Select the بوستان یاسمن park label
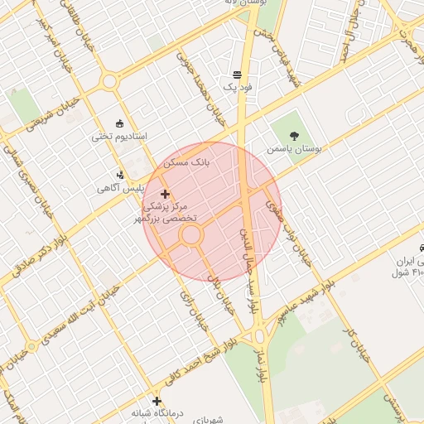[x=292, y=150]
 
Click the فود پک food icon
[x=238, y=75]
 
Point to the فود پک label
[x=236, y=87]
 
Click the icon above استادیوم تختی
[x=120, y=122]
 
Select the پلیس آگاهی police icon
[x=121, y=174]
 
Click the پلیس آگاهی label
[x=122, y=188]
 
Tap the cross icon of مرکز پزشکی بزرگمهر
[x=166, y=193]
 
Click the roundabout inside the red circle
[x=191, y=235]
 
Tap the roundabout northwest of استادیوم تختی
[x=108, y=81]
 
